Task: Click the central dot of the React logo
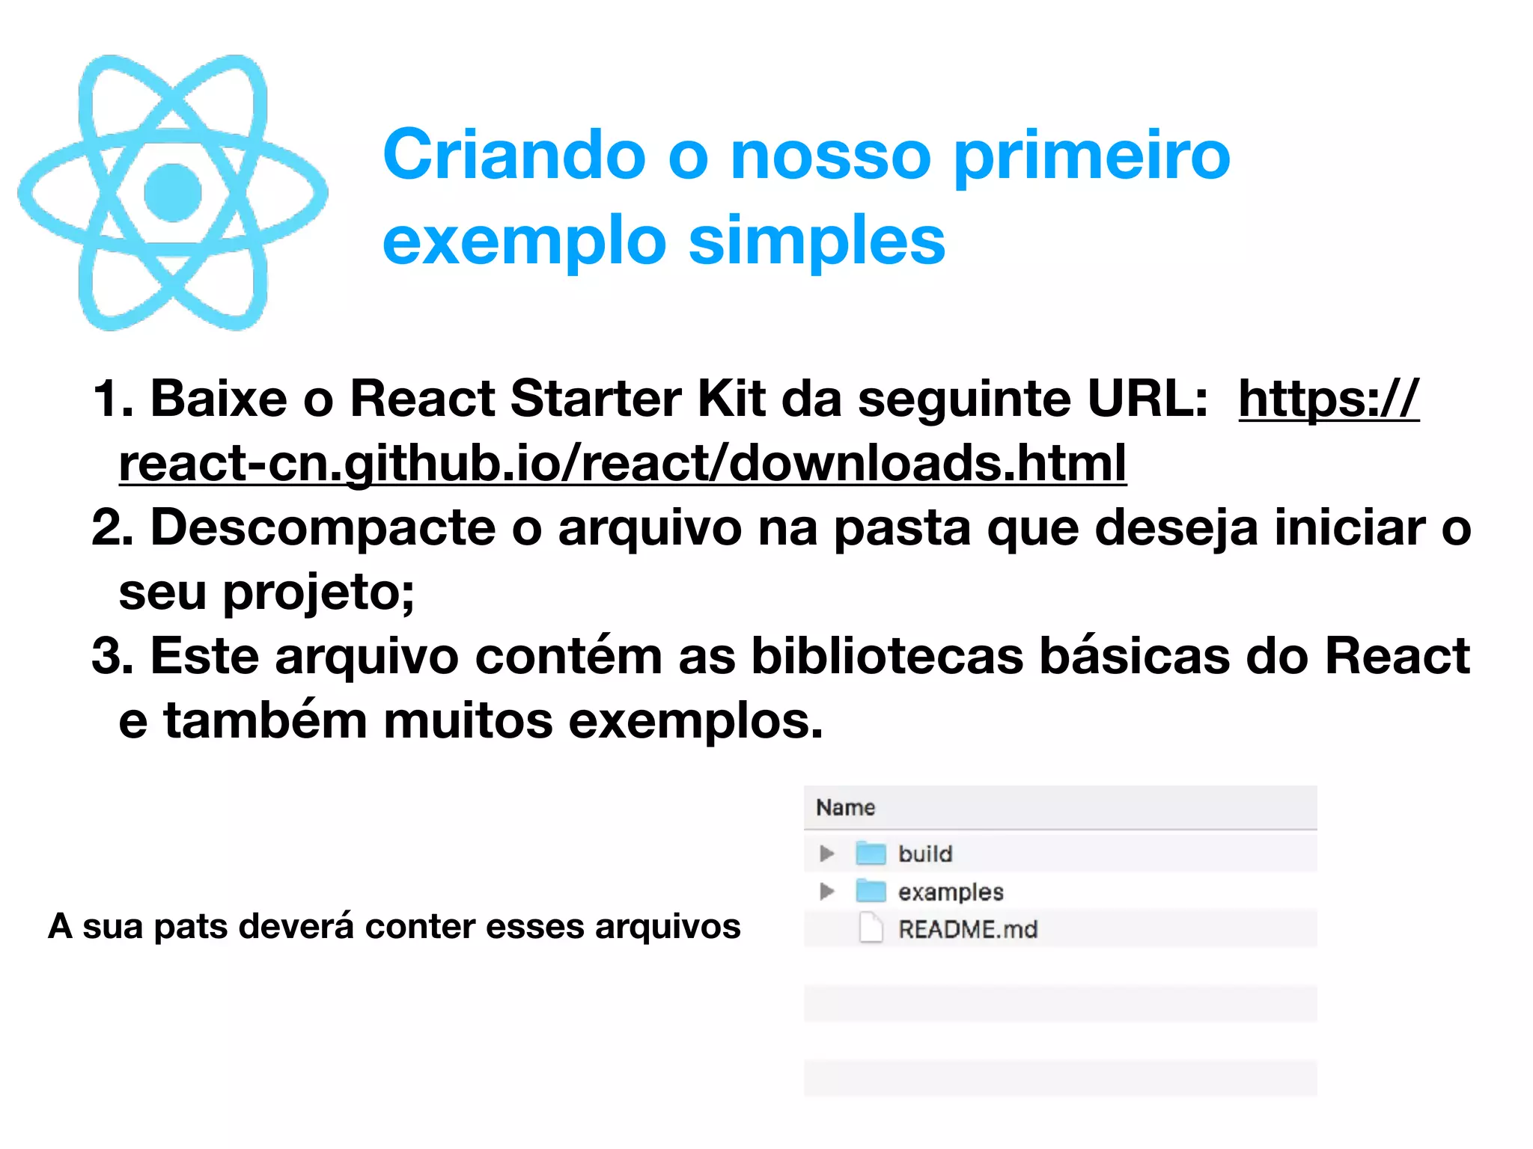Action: click(173, 193)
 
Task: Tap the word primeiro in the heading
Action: click(1092, 156)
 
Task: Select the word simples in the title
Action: click(817, 241)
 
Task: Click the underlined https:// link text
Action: click(1329, 399)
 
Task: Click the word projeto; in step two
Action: click(319, 592)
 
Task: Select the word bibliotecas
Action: click(887, 657)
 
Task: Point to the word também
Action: click(266, 721)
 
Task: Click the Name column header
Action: click(846, 808)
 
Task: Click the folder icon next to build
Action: click(871, 853)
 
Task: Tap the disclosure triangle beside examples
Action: click(826, 891)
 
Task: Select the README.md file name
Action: click(968, 930)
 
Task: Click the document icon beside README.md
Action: click(871, 928)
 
